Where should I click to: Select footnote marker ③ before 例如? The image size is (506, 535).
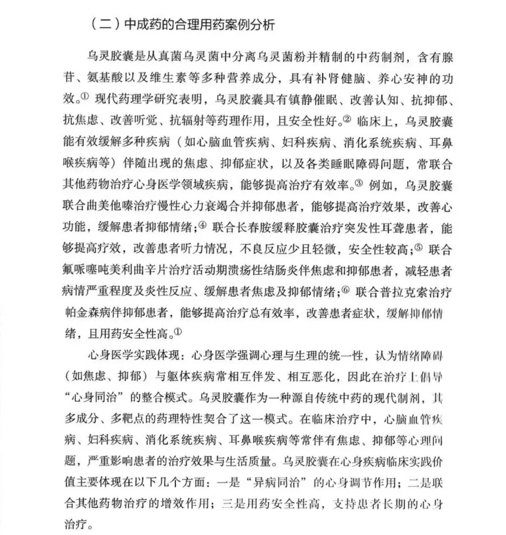[x=359, y=184]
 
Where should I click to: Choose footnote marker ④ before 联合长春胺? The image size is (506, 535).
[x=202, y=226]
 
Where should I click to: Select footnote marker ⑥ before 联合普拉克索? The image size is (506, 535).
[x=346, y=291]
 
